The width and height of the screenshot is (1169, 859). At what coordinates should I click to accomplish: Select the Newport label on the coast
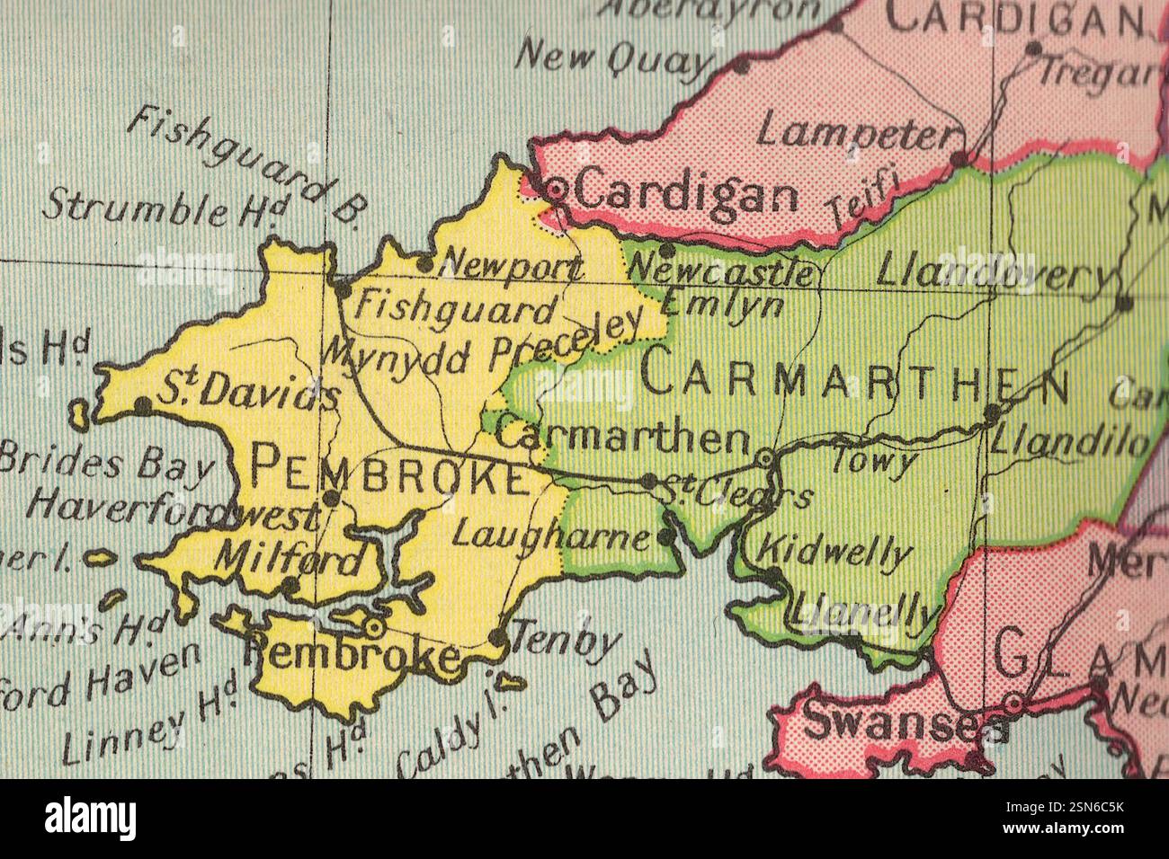tap(513, 266)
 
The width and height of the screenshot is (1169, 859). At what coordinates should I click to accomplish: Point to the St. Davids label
tap(249, 393)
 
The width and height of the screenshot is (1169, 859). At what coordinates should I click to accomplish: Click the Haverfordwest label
tap(173, 509)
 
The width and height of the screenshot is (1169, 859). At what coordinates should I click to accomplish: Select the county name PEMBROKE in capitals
tap(388, 470)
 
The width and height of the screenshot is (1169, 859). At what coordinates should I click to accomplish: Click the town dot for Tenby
tap(498, 639)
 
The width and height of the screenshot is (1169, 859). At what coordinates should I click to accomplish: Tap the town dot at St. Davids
tap(142, 406)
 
